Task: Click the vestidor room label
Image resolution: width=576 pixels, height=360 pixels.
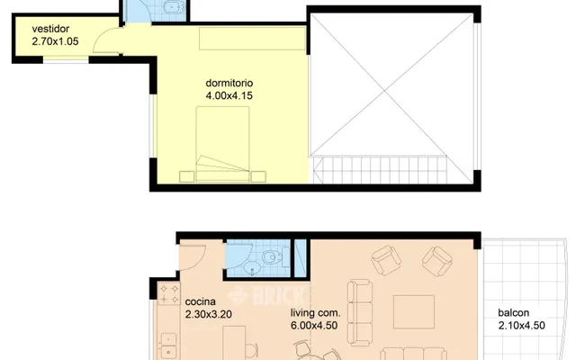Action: [x=50, y=29]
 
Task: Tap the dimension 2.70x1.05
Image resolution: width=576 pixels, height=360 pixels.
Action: [x=55, y=41]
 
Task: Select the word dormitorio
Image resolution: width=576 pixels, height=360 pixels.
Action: [x=229, y=83]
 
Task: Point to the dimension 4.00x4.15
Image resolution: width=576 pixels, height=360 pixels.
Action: [x=229, y=96]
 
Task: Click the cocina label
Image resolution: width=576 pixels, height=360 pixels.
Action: [x=200, y=302]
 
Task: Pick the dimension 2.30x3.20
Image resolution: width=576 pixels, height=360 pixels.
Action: [x=208, y=314]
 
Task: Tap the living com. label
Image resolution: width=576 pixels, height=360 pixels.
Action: [x=316, y=313]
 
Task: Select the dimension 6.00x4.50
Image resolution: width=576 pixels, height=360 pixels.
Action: [x=314, y=326]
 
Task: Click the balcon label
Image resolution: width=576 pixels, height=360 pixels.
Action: [x=514, y=313]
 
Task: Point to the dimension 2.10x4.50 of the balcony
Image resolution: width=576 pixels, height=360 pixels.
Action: [x=522, y=326]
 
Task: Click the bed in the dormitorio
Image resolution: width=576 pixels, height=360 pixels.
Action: [x=222, y=144]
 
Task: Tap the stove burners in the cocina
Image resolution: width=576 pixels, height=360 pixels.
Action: [x=168, y=294]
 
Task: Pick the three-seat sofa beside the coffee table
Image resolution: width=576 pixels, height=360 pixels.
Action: [x=360, y=312]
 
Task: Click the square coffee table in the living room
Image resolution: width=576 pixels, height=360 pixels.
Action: [x=414, y=312]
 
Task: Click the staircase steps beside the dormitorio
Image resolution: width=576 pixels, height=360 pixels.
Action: [x=380, y=170]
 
